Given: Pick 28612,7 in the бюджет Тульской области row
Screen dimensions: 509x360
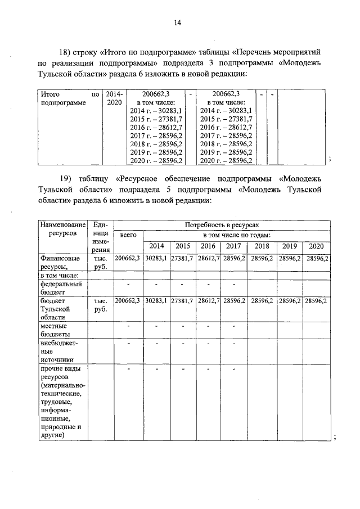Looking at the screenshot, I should (x=209, y=301).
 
